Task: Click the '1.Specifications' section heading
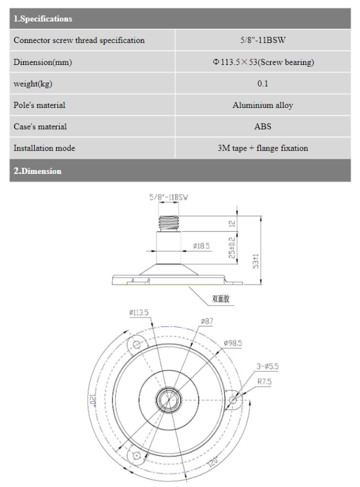pyautogui.click(x=43, y=19)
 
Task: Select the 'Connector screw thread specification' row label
pyautogui.click(x=79, y=40)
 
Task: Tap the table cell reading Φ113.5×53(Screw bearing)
pyautogui.click(x=263, y=62)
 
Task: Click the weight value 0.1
pyautogui.click(x=263, y=83)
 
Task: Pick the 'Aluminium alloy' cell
pyautogui.click(x=263, y=105)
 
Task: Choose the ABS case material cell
pyautogui.click(x=263, y=126)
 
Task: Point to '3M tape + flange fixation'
pyautogui.click(x=263, y=148)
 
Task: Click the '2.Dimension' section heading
pyautogui.click(x=37, y=171)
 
